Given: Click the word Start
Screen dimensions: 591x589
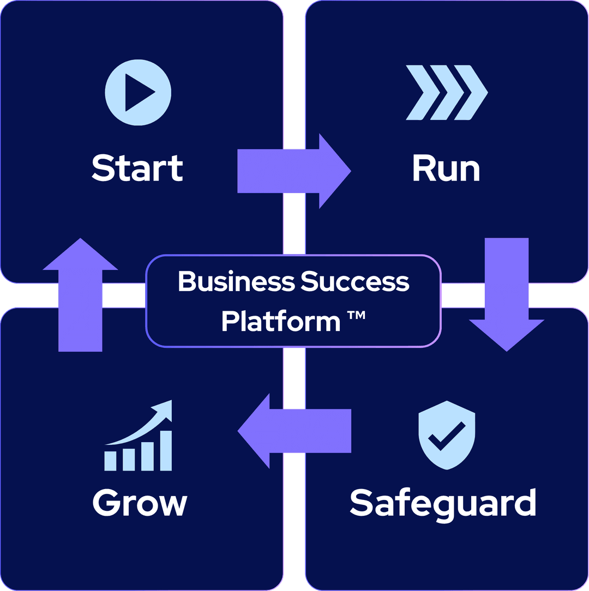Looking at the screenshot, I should click(x=137, y=167).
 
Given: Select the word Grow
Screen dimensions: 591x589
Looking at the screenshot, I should click(x=140, y=503).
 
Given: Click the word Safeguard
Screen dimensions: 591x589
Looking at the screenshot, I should click(x=443, y=503).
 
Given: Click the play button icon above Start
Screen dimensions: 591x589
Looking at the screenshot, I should click(x=138, y=92).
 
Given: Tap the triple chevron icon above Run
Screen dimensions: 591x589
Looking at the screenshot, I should click(x=447, y=92).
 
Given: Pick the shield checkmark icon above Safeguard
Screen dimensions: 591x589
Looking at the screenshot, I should click(x=447, y=435).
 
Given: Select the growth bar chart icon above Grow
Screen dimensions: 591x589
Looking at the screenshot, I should click(x=139, y=436).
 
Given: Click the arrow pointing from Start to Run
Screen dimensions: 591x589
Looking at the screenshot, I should click(x=294, y=171).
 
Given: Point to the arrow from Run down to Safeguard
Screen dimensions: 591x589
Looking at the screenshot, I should click(x=507, y=294).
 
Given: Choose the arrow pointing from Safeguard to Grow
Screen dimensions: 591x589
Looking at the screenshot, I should click(x=294, y=431).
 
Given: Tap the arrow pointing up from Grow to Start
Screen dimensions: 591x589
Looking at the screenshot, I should click(x=80, y=294).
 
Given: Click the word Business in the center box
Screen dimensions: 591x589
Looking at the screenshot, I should click(x=237, y=282).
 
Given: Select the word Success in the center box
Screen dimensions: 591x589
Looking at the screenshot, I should click(x=355, y=282).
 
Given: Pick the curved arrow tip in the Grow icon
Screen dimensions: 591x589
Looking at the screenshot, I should click(x=165, y=409).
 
